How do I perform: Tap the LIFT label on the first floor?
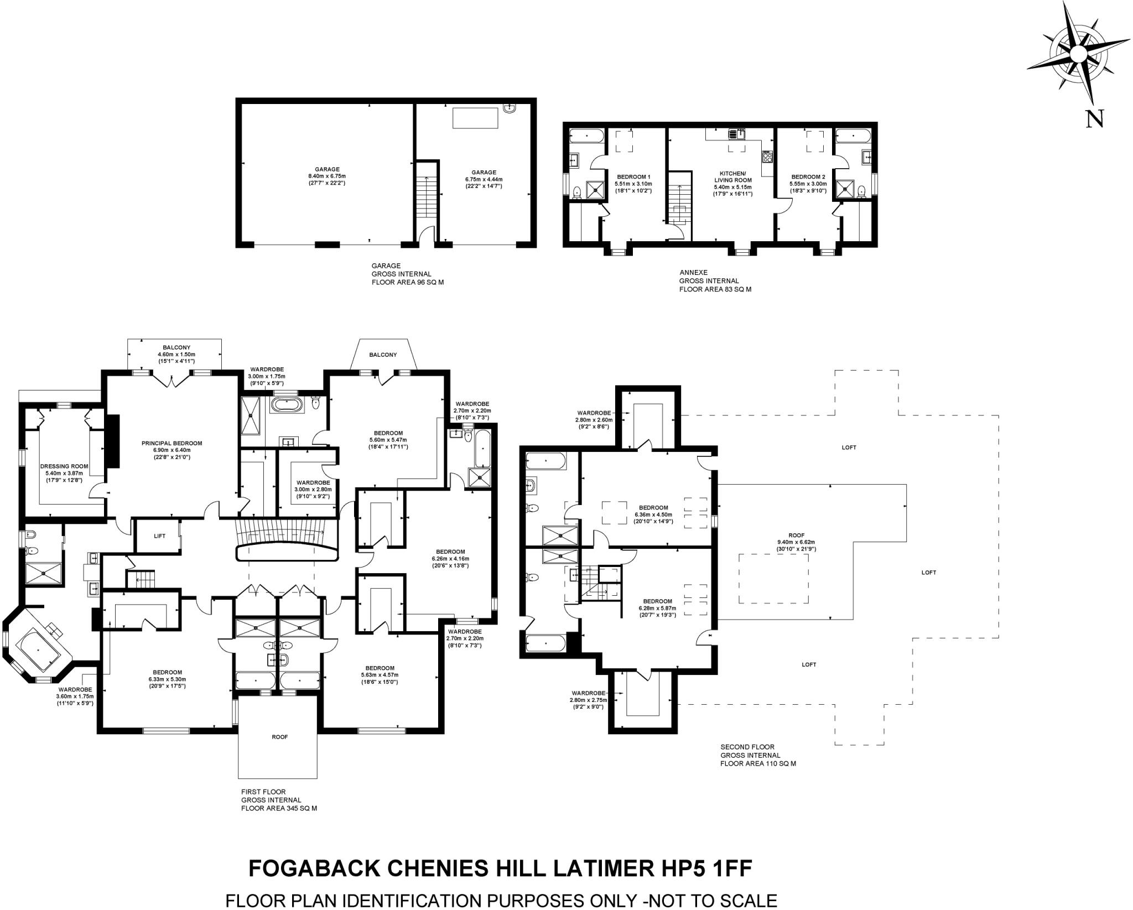coord(159,535)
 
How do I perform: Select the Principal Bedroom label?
coord(171,446)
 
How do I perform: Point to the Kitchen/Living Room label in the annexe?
coord(733,183)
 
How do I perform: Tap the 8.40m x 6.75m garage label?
coord(328,176)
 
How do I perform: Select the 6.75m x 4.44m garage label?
coord(484,179)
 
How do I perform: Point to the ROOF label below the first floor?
coord(280,737)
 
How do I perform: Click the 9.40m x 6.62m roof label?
coord(797,542)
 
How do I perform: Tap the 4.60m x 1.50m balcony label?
coord(176,354)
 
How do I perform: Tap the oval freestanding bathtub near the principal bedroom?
coord(287,404)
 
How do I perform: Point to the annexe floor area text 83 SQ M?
coord(715,289)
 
